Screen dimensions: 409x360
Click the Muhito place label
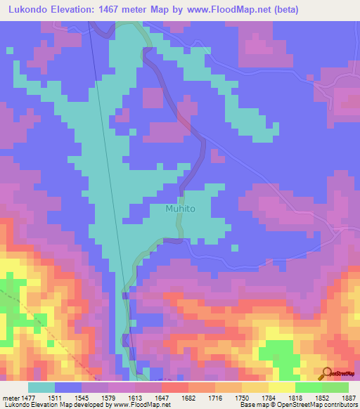179,209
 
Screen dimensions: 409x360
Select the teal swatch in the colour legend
41,387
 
